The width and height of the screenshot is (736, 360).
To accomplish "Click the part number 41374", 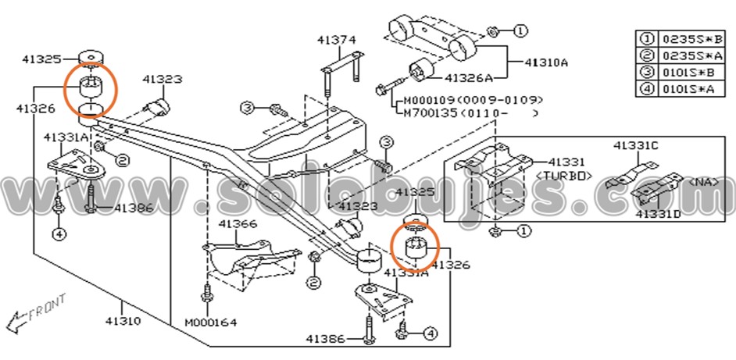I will [x=336, y=39].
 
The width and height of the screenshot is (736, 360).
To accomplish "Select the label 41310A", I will [x=546, y=61].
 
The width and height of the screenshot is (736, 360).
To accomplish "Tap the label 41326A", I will [x=469, y=77].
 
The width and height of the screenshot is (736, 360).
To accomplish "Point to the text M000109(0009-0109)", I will [x=473, y=101].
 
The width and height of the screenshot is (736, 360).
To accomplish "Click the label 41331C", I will [x=635, y=145].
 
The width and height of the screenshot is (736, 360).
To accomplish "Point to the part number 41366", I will [x=238, y=224].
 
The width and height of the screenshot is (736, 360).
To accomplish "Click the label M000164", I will [x=212, y=323].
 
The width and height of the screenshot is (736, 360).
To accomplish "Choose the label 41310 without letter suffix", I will [x=123, y=321].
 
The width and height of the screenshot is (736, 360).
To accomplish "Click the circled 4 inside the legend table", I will [x=647, y=90].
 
